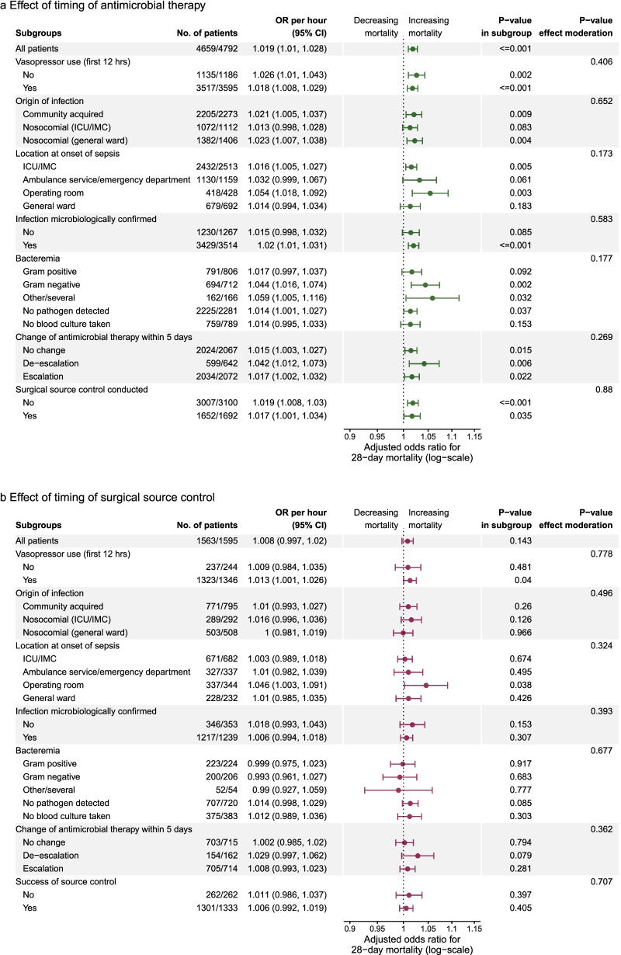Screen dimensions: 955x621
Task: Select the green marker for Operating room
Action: coord(430,193)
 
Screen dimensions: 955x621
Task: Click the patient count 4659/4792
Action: coord(220,49)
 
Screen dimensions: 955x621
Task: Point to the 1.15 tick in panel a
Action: coord(474,436)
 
